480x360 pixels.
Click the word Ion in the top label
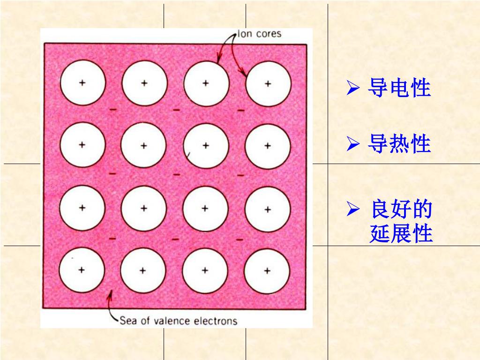pyautogui.click(x=245, y=34)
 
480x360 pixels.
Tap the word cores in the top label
pyautogui.click(x=269, y=34)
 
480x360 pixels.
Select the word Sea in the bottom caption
pyautogui.click(x=127, y=321)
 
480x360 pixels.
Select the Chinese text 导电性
pyautogui.click(x=399, y=88)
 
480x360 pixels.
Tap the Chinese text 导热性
pyautogui.click(x=399, y=144)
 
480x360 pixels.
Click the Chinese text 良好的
pyautogui.click(x=401, y=210)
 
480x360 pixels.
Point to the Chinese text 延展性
pyautogui.click(x=401, y=234)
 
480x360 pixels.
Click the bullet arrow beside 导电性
pyautogui.click(x=352, y=88)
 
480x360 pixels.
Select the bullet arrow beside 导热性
pyautogui.click(x=352, y=144)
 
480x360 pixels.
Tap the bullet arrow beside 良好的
pyautogui.click(x=352, y=210)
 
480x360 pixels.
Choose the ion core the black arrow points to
pyautogui.click(x=206, y=83)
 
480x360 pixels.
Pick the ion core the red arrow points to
pyautogui.click(x=268, y=84)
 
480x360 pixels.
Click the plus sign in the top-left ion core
pyautogui.click(x=82, y=83)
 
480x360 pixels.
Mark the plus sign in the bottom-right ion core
pyautogui.click(x=267, y=270)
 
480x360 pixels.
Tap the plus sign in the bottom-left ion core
pyautogui.click(x=82, y=270)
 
